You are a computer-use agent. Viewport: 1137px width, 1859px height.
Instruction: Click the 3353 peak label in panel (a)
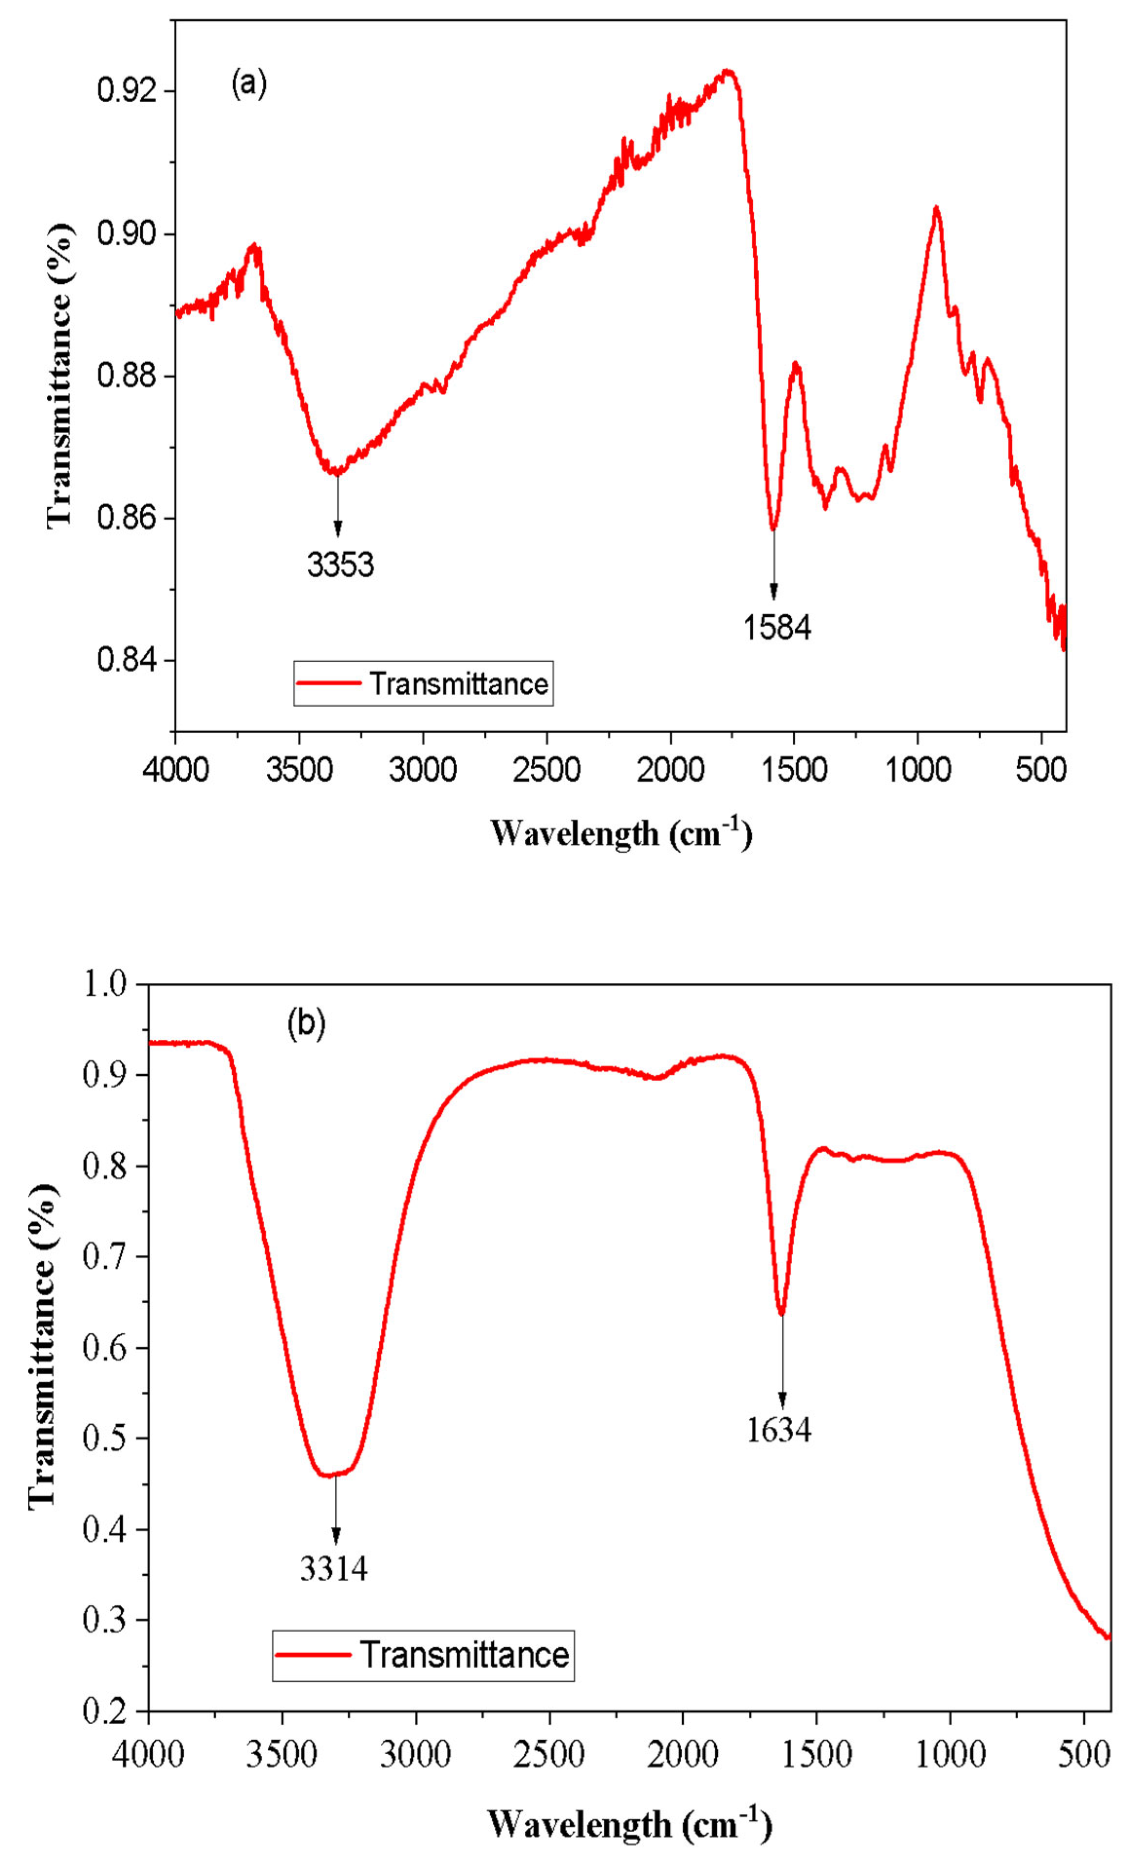tap(340, 564)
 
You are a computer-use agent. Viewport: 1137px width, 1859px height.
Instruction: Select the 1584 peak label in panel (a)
tap(777, 627)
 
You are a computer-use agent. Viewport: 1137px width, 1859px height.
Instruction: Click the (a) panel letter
tap(249, 83)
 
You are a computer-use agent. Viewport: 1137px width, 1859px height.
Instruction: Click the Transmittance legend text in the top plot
tap(459, 683)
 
